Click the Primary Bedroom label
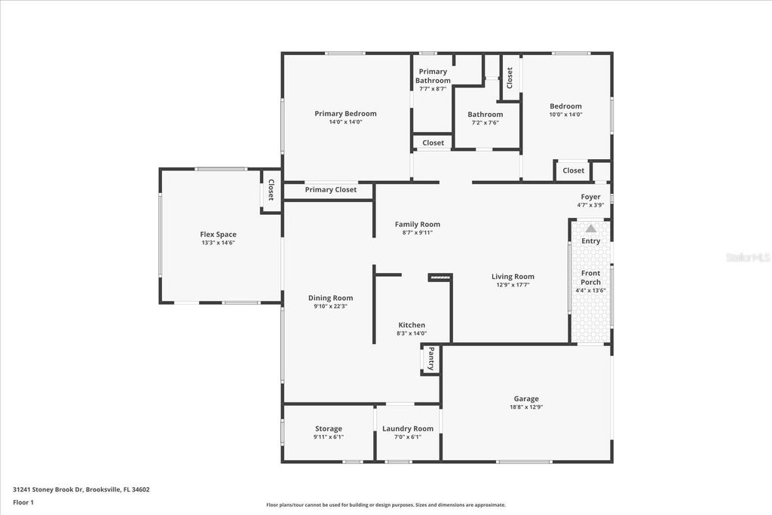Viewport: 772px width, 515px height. pyautogui.click(x=345, y=114)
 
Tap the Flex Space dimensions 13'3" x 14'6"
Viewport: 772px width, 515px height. pyautogui.click(x=218, y=243)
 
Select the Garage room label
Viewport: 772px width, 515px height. pyautogui.click(x=526, y=399)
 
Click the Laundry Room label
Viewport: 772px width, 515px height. pyautogui.click(x=408, y=428)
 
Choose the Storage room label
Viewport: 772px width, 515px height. pyautogui.click(x=328, y=428)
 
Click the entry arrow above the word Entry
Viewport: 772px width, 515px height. pyautogui.click(x=591, y=228)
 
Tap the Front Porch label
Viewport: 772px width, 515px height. pyautogui.click(x=591, y=277)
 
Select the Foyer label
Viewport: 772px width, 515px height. pyautogui.click(x=590, y=197)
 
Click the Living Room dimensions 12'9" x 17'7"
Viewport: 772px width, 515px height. pyautogui.click(x=513, y=285)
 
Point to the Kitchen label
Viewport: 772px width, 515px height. pyautogui.click(x=412, y=325)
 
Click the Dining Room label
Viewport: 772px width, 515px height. pyautogui.click(x=330, y=298)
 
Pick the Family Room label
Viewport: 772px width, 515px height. pyautogui.click(x=417, y=224)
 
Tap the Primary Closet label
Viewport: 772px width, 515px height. pyautogui.click(x=330, y=189)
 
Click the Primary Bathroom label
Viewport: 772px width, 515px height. pyautogui.click(x=433, y=76)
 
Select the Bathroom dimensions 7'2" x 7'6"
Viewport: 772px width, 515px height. pyautogui.click(x=485, y=123)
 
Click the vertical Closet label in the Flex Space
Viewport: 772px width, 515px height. pyautogui.click(x=271, y=190)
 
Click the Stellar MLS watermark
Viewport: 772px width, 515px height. pyautogui.click(x=748, y=257)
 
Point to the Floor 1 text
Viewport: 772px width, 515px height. pyautogui.click(x=24, y=501)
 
